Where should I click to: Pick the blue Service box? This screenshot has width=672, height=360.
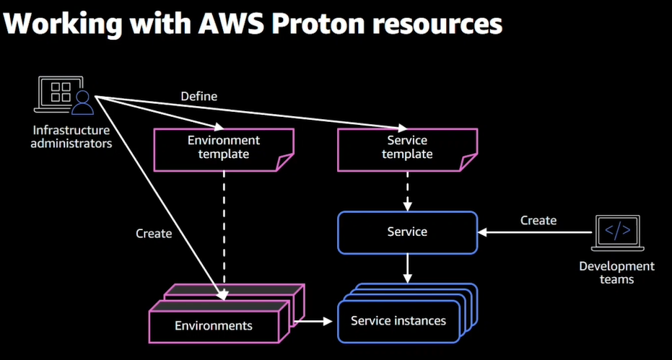(x=407, y=232)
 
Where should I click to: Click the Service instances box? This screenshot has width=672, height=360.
(x=398, y=320)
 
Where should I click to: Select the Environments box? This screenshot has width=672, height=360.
(x=214, y=325)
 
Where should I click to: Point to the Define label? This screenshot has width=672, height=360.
(x=198, y=96)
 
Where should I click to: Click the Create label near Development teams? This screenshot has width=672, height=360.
(x=538, y=220)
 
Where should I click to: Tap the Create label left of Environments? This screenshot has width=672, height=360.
(x=154, y=233)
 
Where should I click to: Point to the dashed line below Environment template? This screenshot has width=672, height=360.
(x=224, y=224)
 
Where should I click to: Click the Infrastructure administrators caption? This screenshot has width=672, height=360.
(x=71, y=136)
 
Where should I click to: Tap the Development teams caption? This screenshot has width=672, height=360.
(x=616, y=272)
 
